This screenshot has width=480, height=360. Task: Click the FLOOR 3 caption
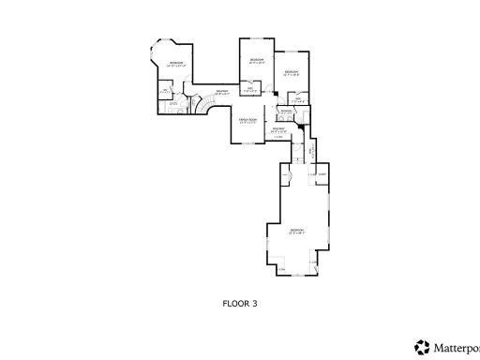tap(239, 303)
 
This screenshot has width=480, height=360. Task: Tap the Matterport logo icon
tap(421, 346)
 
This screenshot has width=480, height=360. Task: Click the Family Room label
tap(247, 120)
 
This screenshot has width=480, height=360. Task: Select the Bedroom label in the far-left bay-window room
tap(175, 64)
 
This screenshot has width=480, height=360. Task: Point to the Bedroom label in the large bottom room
tap(296, 230)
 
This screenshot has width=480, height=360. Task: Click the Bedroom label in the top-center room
tap(256, 60)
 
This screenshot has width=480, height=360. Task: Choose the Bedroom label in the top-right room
tap(291, 71)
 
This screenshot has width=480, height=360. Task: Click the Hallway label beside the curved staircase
tap(222, 92)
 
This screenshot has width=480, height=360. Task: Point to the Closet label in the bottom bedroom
tap(321, 175)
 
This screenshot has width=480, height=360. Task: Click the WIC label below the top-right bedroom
tap(296, 97)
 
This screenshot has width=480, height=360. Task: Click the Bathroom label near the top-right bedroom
tap(286, 111)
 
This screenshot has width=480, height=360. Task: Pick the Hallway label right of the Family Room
tap(278, 128)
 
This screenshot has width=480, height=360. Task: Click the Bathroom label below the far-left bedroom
tap(173, 103)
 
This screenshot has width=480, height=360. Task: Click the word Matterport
tap(457, 347)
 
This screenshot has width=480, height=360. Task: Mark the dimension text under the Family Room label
tap(247, 124)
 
